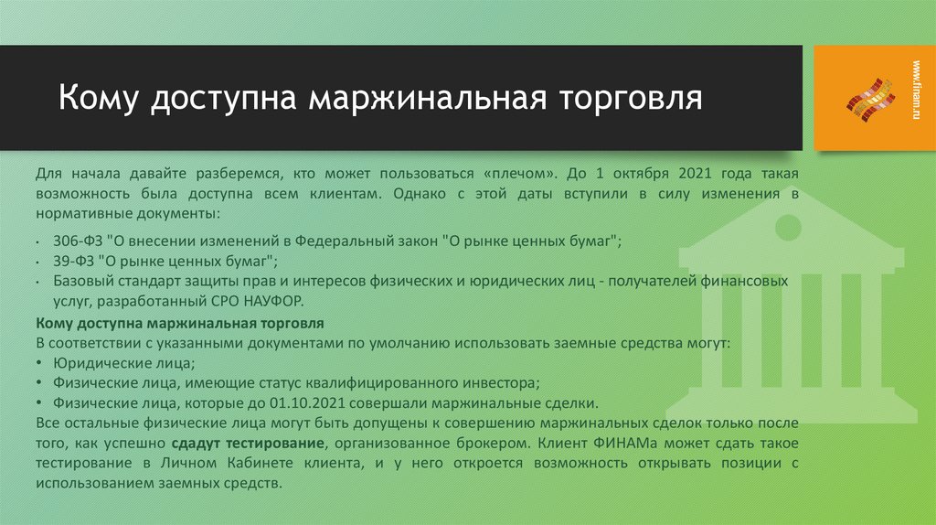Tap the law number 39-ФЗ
73,260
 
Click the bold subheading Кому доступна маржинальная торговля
179,324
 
